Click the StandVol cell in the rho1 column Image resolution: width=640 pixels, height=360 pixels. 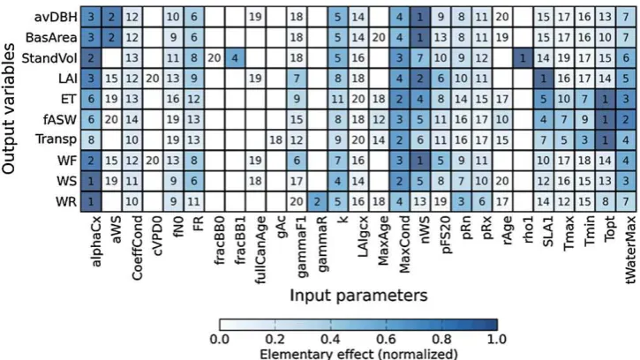pos(523,58)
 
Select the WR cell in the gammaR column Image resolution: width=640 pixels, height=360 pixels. pos(317,201)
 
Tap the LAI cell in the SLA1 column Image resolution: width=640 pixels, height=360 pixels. pos(543,79)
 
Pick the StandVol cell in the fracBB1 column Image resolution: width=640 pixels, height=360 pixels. pos(235,58)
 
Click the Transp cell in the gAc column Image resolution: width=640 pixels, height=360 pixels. pos(276,139)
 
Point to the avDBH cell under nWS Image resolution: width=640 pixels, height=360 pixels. pos(420,17)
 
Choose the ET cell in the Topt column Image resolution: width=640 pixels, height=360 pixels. pos(605,99)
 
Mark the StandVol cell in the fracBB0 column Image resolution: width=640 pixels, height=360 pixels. pos(215,58)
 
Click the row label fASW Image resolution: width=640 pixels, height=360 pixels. pos(60,120)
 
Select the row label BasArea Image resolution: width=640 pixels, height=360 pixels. pos(51,38)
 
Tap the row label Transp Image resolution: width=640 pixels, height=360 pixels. pos(56,139)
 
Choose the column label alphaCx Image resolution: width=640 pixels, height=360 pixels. pos(95,242)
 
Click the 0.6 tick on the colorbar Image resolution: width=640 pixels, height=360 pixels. pos(386,325)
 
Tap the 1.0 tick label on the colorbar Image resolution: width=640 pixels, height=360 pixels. pos(497,339)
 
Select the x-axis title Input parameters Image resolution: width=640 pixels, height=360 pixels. pos(358,295)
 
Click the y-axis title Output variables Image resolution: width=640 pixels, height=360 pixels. pos(8,109)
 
